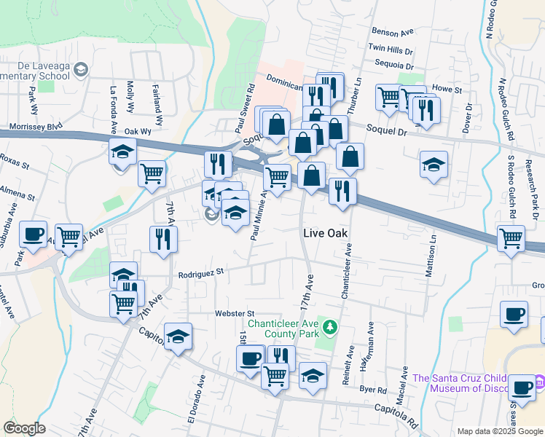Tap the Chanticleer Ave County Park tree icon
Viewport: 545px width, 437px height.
click(x=330, y=326)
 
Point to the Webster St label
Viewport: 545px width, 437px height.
click(x=233, y=313)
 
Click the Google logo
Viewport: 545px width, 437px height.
click(x=24, y=428)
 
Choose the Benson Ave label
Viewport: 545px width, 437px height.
click(x=393, y=32)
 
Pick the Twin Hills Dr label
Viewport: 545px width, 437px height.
click(x=391, y=49)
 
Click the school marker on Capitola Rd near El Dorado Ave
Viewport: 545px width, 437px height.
click(x=178, y=336)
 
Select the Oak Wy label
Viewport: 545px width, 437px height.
click(x=137, y=132)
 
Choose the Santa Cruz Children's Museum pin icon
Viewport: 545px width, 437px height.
click(x=539, y=382)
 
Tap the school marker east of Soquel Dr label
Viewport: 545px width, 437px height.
click(x=434, y=165)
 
